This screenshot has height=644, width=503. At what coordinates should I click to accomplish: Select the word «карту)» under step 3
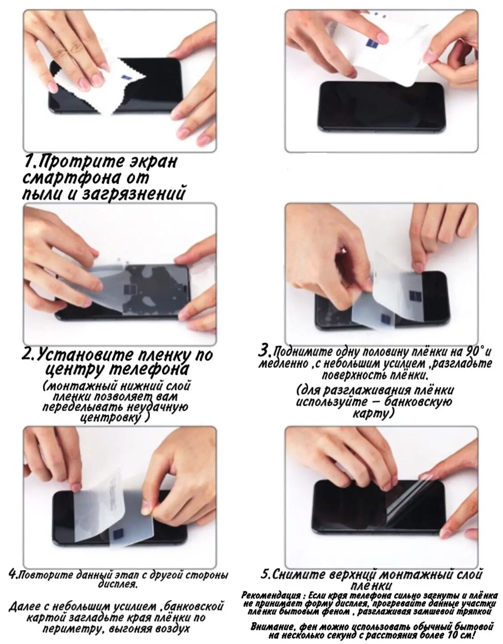pyautogui.click(x=373, y=414)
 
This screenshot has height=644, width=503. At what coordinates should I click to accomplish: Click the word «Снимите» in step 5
pyautogui.click(x=299, y=574)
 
